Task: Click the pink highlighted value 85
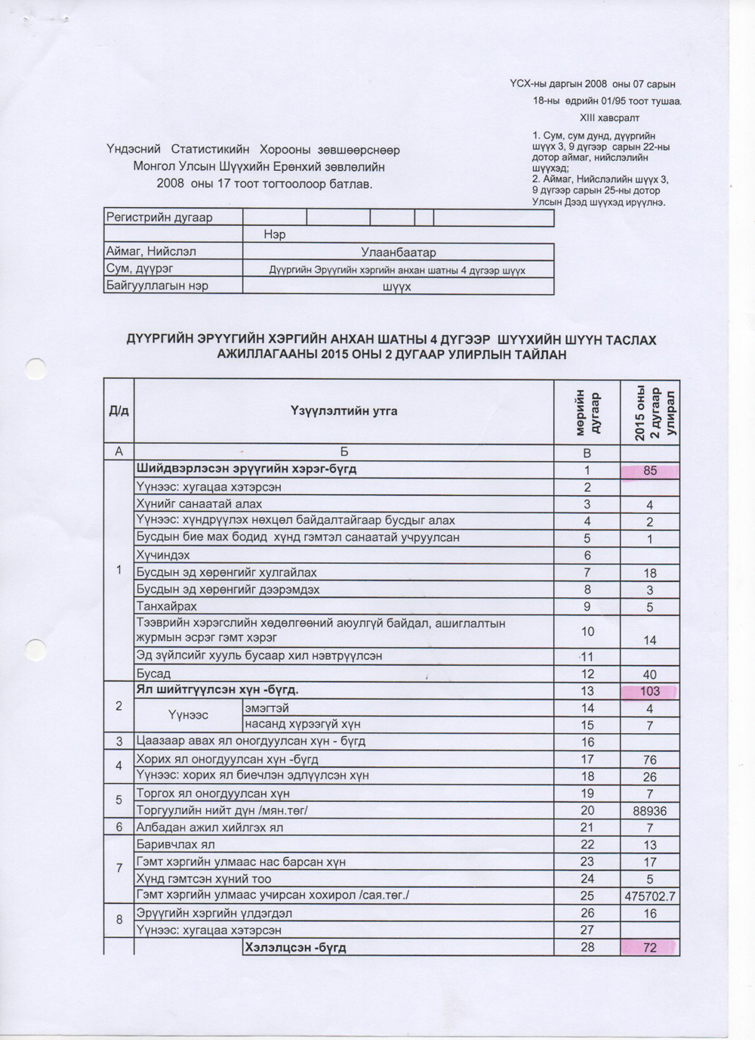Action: pos(650,470)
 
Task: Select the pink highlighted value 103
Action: pos(650,691)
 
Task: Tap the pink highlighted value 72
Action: pos(650,947)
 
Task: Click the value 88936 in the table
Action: pos(650,811)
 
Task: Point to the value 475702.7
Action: pos(650,896)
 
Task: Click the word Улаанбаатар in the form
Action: pos(398,252)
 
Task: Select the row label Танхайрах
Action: pos(166,606)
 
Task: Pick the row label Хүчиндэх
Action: pos(163,555)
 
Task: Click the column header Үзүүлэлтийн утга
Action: pos(344,411)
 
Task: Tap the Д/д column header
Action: pos(119,411)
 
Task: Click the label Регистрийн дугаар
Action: pos(159,218)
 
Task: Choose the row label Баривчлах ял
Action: pos(175,844)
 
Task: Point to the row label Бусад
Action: pos(153,673)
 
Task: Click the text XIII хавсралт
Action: pos(609,118)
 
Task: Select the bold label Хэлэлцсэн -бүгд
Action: pos(295,947)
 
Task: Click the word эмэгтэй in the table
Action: pos(267,708)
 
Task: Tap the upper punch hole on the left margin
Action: pos(35,369)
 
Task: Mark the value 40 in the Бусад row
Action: pos(650,674)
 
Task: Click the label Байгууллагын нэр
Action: pos(157,286)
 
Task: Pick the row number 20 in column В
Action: pos(587,810)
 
